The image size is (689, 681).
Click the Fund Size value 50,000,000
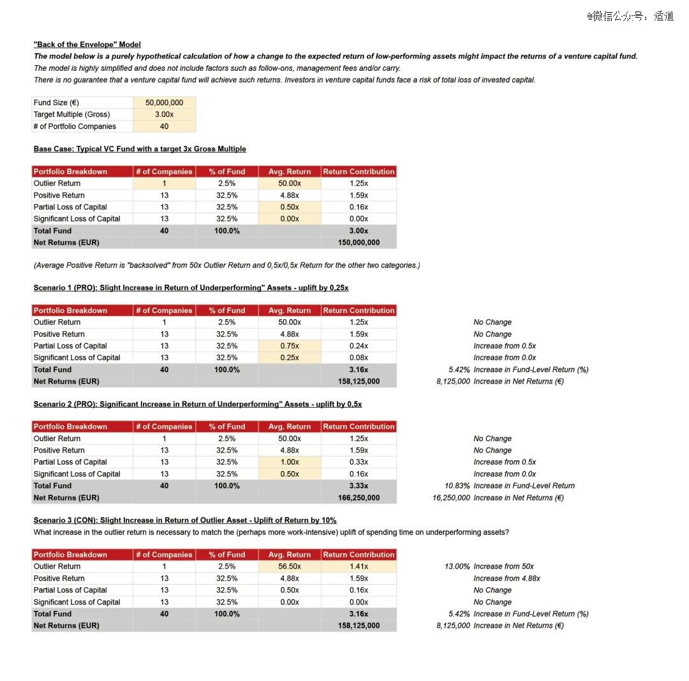pyautogui.click(x=164, y=103)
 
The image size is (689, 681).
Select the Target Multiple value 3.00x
pyautogui.click(x=164, y=114)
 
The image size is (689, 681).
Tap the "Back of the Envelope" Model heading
pyautogui.click(x=87, y=45)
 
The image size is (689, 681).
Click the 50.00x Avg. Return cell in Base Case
pyautogui.click(x=290, y=183)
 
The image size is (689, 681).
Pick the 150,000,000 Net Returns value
pyautogui.click(x=359, y=243)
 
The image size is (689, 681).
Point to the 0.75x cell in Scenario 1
pyautogui.click(x=290, y=346)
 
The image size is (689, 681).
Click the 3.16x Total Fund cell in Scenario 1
pyautogui.click(x=359, y=370)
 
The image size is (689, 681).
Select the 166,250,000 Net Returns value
pyautogui.click(x=359, y=498)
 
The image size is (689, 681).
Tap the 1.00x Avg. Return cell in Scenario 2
pyautogui.click(x=290, y=462)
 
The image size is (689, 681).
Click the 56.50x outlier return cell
pyautogui.click(x=290, y=566)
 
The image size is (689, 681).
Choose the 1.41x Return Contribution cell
pyautogui.click(x=359, y=566)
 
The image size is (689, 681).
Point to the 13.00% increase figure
pyautogui.click(x=457, y=566)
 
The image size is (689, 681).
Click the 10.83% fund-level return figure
pyautogui.click(x=457, y=486)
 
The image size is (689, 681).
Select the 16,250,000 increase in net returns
pyautogui.click(x=451, y=498)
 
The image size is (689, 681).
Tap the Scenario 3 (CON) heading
pyautogui.click(x=185, y=520)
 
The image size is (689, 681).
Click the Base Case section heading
pyautogui.click(x=140, y=149)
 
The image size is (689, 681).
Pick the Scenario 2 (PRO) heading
pyautogui.click(x=198, y=404)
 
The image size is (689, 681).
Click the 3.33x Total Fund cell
pyautogui.click(x=359, y=486)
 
